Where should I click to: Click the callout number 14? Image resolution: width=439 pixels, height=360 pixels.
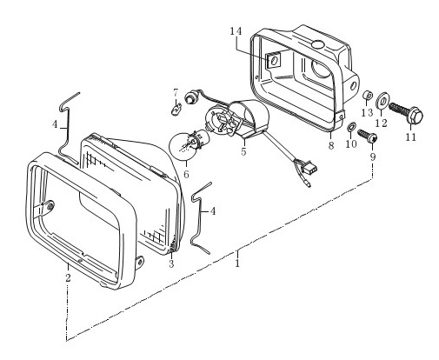[236, 31]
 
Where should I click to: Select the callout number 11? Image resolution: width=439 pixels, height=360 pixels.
[410, 137]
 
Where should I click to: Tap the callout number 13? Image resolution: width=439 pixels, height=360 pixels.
[367, 112]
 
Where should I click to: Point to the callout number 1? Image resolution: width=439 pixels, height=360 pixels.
[237, 263]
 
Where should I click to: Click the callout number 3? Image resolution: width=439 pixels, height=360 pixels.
[171, 264]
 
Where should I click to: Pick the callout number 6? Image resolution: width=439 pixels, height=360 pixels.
[186, 174]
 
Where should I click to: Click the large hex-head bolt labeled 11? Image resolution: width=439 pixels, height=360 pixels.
[406, 112]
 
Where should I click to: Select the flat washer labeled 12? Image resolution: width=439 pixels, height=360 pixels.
[382, 102]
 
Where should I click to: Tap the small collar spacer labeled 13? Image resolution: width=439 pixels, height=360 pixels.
[368, 95]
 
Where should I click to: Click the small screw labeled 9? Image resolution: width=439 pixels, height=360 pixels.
[368, 137]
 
